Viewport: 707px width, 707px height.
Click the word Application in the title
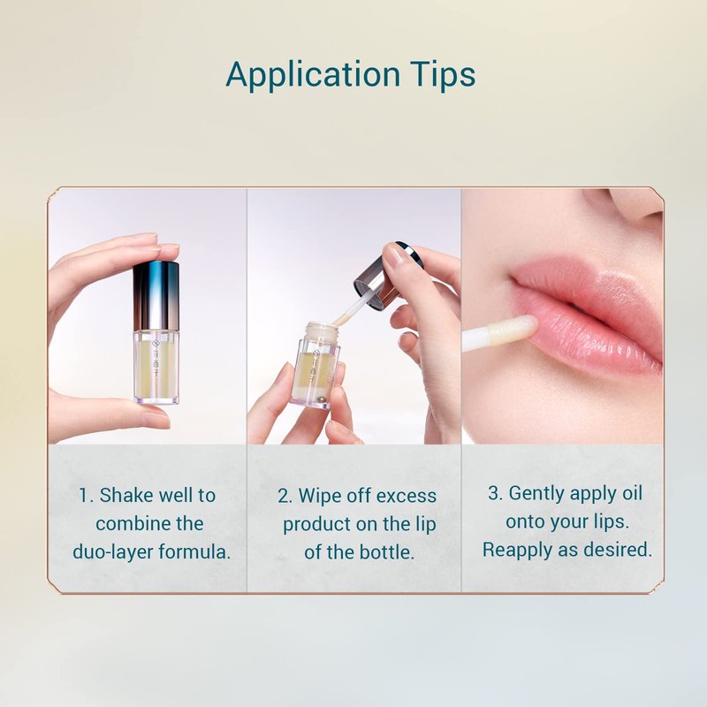coord(313,75)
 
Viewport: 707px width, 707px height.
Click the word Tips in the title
coord(444,75)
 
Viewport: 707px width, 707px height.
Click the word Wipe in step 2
coord(320,496)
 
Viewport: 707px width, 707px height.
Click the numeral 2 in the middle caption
coord(284,497)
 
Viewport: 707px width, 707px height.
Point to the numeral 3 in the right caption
coord(493,493)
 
